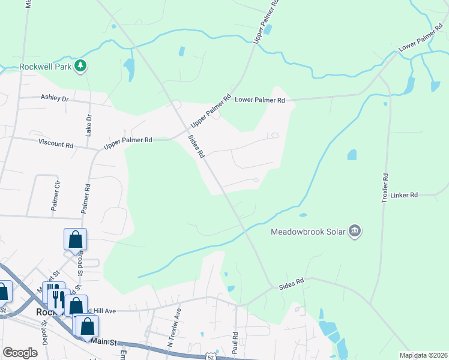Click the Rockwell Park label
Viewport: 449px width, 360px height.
[46, 66]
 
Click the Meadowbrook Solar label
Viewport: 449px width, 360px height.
[309, 231]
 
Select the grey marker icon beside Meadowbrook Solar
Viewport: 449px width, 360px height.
[355, 231]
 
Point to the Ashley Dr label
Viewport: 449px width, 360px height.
[55, 97]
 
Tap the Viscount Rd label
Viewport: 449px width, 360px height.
[55, 145]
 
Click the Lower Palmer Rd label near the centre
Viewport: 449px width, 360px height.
[259, 100]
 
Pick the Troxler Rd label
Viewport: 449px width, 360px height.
[385, 188]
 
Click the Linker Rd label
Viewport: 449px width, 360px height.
[403, 195]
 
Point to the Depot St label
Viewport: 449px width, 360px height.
[44, 330]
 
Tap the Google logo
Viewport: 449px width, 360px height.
[20, 353]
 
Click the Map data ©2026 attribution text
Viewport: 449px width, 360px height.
[423, 355]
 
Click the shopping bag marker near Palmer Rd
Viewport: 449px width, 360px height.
[75, 239]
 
